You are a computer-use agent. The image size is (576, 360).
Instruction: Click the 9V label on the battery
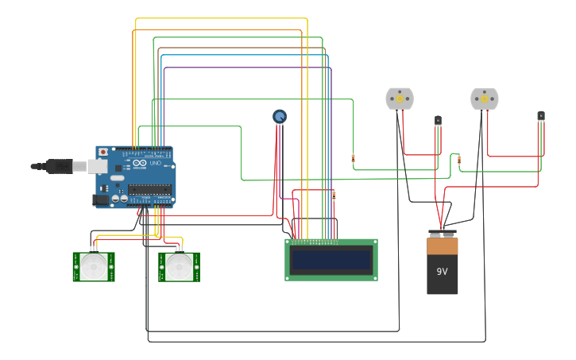(x=442, y=271)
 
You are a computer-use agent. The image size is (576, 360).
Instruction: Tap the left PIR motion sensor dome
(x=94, y=267)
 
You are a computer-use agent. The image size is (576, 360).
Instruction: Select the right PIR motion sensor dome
(x=180, y=267)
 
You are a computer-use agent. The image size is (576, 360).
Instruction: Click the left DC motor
(x=400, y=99)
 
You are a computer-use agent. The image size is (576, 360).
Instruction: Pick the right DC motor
(x=484, y=99)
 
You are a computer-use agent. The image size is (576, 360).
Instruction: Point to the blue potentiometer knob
(x=280, y=117)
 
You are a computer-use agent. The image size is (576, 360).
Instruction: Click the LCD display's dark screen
(x=331, y=260)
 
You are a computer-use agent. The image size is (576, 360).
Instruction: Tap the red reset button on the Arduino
(x=102, y=152)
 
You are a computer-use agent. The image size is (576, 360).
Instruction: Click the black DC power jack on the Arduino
(x=101, y=199)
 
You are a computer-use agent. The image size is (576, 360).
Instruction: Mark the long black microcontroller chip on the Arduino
(x=149, y=189)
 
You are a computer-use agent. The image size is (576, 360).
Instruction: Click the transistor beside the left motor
(x=438, y=121)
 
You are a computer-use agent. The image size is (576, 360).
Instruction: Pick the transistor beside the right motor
(x=541, y=116)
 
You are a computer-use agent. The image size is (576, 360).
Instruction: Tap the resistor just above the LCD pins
(x=334, y=195)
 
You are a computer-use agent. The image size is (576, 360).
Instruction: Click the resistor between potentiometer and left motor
(x=353, y=159)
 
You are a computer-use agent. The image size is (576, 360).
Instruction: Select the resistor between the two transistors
(x=459, y=160)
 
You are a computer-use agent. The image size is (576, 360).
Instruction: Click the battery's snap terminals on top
(x=443, y=234)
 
